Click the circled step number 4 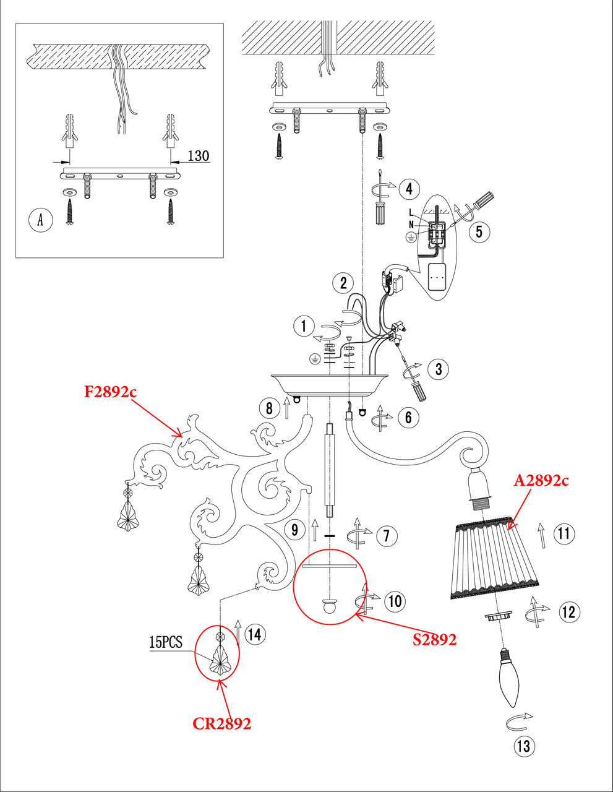tap(409, 188)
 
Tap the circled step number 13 tap(524, 746)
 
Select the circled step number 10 tap(395, 601)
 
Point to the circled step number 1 tap(304, 325)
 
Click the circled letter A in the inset tap(41, 220)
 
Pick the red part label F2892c tap(110, 391)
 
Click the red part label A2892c tap(541, 481)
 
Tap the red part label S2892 tap(434, 639)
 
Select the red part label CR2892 tap(221, 723)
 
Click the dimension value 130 tap(198, 155)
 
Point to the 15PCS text tap(166, 642)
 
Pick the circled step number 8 tap(268, 408)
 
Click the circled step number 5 tap(479, 231)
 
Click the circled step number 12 tap(568, 611)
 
